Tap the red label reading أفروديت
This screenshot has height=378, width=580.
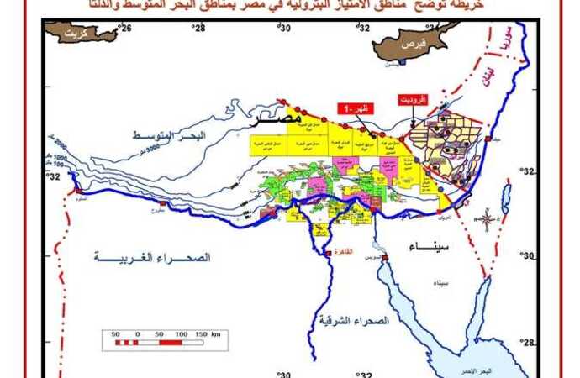(413, 99)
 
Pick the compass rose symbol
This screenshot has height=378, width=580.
(487, 220)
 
